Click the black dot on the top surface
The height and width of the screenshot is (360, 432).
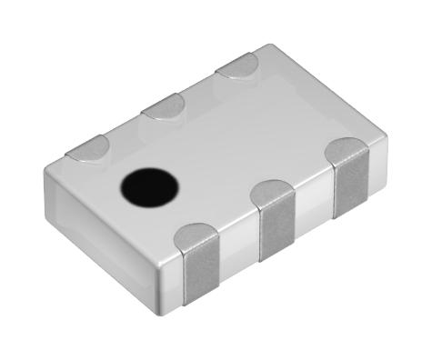coord(150,186)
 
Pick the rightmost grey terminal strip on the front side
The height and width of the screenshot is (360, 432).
coord(351,186)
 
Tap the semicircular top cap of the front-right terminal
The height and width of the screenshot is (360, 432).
coord(347,151)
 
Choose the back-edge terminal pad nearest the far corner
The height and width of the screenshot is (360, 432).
coord(238,65)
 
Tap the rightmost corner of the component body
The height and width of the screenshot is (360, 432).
coord(386,145)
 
